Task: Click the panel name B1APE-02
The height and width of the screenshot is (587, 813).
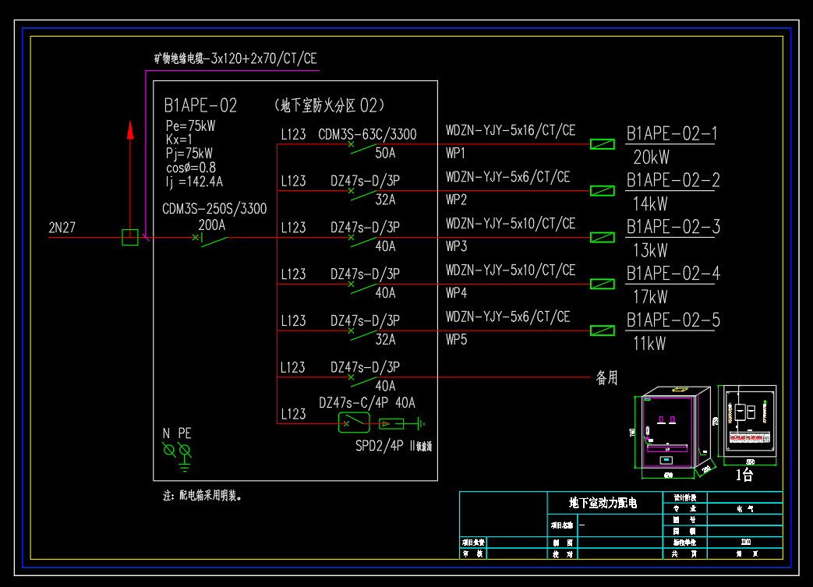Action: (x=200, y=106)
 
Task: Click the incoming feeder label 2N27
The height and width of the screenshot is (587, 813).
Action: (x=62, y=228)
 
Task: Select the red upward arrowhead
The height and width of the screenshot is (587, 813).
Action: (x=130, y=130)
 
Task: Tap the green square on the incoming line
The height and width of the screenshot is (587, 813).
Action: (x=130, y=237)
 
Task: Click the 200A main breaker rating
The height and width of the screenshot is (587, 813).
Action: (x=212, y=225)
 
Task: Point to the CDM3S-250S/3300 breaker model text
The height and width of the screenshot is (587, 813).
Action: (x=214, y=209)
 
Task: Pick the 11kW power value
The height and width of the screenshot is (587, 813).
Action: (x=650, y=344)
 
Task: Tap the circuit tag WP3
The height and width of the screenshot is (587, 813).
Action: (x=456, y=246)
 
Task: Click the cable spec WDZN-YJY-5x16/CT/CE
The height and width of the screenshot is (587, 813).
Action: (x=511, y=130)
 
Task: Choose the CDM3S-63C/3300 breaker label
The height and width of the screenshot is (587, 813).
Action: (x=367, y=134)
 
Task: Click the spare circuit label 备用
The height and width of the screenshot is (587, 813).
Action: (x=606, y=378)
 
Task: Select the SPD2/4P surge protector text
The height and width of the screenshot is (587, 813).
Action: (x=380, y=446)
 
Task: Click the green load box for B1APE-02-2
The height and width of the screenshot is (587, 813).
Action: (x=602, y=190)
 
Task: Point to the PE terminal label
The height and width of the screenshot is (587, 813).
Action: (x=185, y=433)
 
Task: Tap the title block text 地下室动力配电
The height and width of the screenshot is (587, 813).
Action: (x=603, y=503)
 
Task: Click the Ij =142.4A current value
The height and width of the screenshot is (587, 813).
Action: (x=194, y=182)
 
